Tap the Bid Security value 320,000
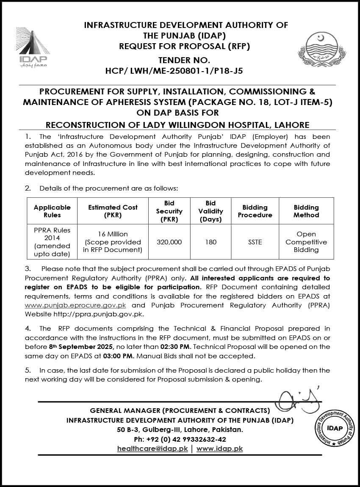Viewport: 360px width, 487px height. tap(169, 242)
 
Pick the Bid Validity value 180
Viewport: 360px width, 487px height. tap(210, 242)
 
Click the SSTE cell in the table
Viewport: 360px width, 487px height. tap(255, 242)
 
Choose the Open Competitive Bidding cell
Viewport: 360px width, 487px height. tap(306, 242)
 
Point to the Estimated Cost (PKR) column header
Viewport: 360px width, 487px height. tap(113, 211)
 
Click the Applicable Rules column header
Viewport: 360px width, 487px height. tap(52, 211)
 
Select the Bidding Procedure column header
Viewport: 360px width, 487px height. tap(255, 211)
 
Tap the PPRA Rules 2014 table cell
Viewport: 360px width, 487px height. tap(52, 242)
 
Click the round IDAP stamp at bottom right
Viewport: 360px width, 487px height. tap(335, 428)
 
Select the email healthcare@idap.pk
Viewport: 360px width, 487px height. tap(152, 448)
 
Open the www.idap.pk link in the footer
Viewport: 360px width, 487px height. tap(219, 448)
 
